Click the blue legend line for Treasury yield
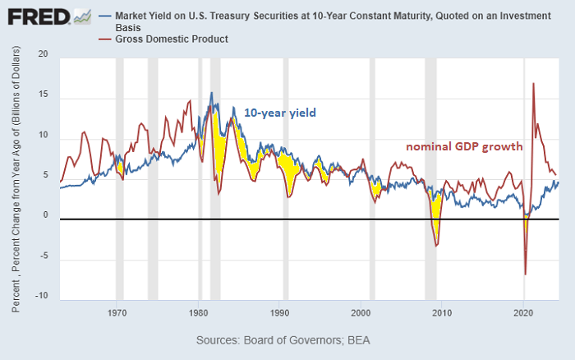click(104, 16)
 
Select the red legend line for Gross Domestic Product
click(104, 39)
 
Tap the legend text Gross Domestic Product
click(172, 39)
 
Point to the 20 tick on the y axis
click(44, 54)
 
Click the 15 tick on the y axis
click(44, 95)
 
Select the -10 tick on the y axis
click(42, 296)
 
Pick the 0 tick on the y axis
click(46, 216)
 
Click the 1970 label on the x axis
click(117, 313)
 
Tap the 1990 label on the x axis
click(280, 313)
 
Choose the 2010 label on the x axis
click(443, 313)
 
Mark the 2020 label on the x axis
click(524, 313)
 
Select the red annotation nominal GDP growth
click(465, 147)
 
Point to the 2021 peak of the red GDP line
click(534, 83)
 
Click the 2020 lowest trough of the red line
click(525, 274)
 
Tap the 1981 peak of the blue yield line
click(211, 93)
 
